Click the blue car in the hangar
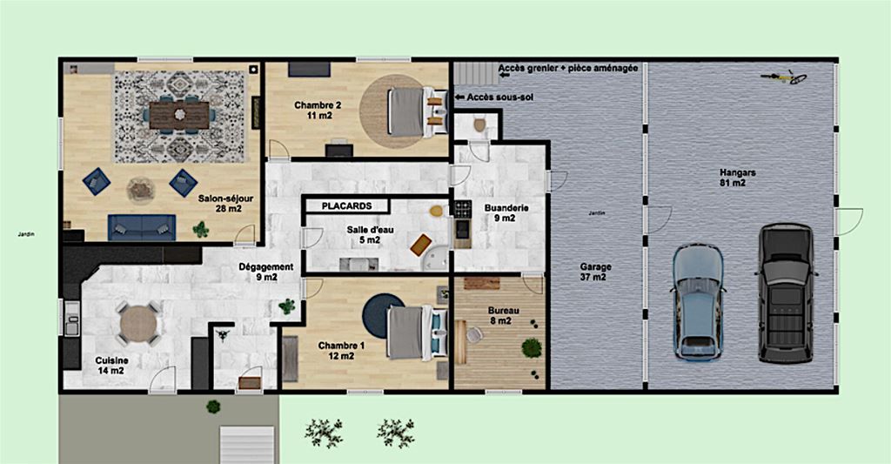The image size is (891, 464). point(698,302)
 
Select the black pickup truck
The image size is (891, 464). point(787,293)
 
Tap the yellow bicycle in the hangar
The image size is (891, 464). point(785,77)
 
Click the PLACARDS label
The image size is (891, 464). point(346,205)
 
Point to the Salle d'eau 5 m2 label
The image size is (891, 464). point(370,235)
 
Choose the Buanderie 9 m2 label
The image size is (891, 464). point(506,212)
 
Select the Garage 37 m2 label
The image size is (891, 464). point(595,272)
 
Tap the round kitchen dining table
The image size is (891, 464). point(138,324)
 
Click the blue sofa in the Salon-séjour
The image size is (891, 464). point(142,227)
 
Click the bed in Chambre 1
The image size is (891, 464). point(417,333)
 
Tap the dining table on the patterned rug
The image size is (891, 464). point(179,114)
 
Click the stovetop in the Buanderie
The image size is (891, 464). point(463,209)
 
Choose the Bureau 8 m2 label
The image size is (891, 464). point(500,316)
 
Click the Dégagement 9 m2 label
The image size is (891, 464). point(266,272)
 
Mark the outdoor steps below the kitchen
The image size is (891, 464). point(247,444)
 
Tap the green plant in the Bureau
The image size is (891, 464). point(532,347)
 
